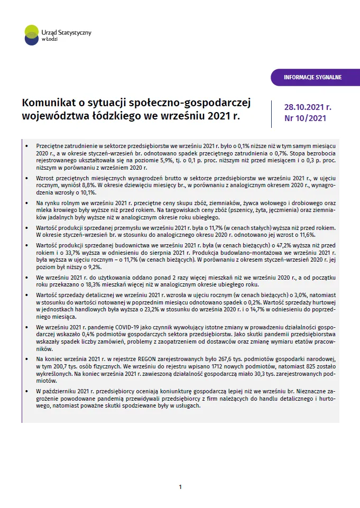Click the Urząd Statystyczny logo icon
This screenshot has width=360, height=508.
32,34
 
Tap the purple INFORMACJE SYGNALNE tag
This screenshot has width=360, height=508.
312,77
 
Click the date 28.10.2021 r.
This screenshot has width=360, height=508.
308,107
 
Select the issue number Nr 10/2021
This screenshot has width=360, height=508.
305,118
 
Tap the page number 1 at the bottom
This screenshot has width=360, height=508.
180,487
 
